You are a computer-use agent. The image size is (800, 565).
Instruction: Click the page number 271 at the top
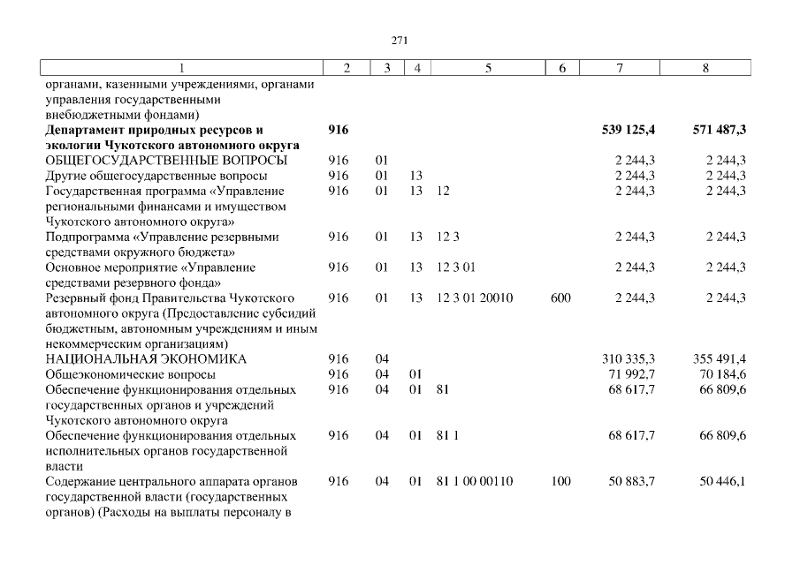coord(400,40)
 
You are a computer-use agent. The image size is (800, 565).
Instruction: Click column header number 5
coord(488,68)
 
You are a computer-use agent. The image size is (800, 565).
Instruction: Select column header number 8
coord(705,68)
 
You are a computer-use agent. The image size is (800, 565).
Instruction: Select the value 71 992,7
coord(631,375)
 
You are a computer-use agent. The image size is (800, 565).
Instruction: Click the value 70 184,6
coord(722,375)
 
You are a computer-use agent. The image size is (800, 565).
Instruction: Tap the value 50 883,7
coord(631,481)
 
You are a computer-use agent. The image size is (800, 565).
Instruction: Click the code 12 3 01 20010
coord(475,298)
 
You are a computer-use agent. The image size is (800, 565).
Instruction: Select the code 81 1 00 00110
coord(475,481)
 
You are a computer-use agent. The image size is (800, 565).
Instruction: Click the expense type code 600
coord(560,298)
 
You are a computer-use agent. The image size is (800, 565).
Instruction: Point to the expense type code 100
coord(560,481)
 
